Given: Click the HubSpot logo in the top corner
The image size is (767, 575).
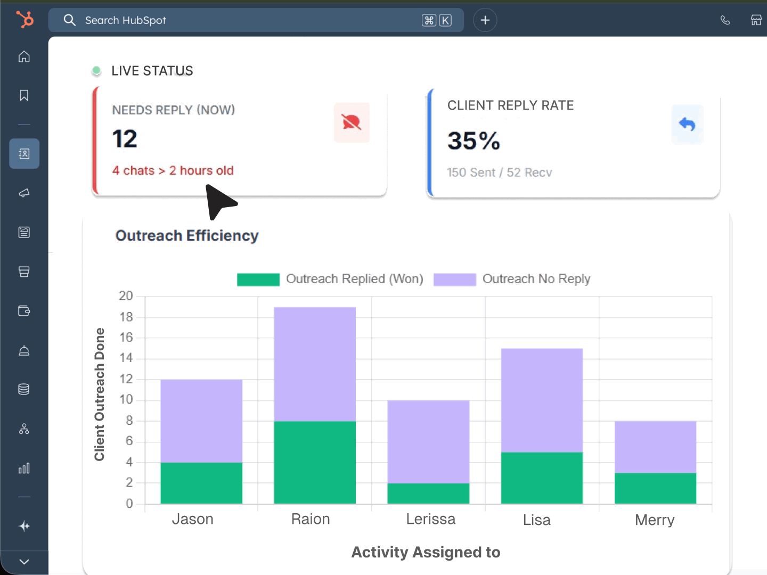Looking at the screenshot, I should click(x=25, y=20).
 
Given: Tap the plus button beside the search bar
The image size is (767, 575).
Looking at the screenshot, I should click(x=485, y=20).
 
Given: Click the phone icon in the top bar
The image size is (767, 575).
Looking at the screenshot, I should click(x=725, y=20).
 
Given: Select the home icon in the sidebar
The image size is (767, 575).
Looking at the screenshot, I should click(x=24, y=56).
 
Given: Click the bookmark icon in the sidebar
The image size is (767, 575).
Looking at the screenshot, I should click(x=24, y=95).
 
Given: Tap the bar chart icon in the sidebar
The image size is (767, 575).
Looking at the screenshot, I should click(x=24, y=469).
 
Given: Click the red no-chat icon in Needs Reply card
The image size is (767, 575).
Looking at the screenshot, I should click(x=352, y=122).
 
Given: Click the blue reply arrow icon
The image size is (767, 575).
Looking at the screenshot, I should click(x=687, y=125).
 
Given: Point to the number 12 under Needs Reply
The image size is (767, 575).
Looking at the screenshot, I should click(x=125, y=139).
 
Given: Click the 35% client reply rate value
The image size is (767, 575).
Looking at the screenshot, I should click(x=474, y=141).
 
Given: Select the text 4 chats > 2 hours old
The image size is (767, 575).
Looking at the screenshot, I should click(x=173, y=170).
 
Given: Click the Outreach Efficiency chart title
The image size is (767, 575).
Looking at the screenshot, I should click(x=187, y=235).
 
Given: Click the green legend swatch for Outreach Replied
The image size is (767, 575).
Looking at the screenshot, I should click(x=258, y=280).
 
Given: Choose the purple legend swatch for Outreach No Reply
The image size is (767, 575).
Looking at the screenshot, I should click(x=454, y=280).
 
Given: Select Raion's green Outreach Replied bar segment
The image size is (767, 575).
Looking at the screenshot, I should click(x=315, y=462).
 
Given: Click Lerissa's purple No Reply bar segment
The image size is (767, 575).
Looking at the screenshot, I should click(x=428, y=441).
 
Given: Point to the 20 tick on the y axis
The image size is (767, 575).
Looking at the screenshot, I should click(x=126, y=296).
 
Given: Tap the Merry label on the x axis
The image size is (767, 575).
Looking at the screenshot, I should click(x=655, y=520).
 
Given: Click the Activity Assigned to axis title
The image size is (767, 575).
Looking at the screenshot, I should click(x=426, y=552).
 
